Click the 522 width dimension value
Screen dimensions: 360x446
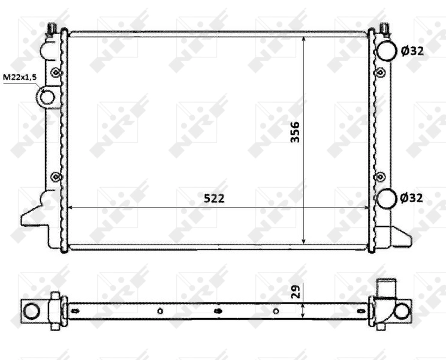coord(213,197)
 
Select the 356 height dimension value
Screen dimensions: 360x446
coord(295,132)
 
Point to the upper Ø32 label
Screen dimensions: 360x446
coord(412,51)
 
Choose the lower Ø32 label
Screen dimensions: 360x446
coord(412,197)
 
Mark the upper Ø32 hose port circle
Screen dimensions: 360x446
coord(385,50)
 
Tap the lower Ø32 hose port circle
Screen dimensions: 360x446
coord(386,197)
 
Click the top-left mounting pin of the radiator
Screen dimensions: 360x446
coord(53,28)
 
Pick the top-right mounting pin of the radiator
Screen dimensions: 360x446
coord(384,28)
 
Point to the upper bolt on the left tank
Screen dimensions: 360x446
coord(56,73)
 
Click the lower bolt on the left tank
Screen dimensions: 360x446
coord(56,176)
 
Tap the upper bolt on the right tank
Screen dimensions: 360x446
coord(379,73)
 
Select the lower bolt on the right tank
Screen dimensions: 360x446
coord(379,176)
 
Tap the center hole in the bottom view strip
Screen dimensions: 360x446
coord(218,311)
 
